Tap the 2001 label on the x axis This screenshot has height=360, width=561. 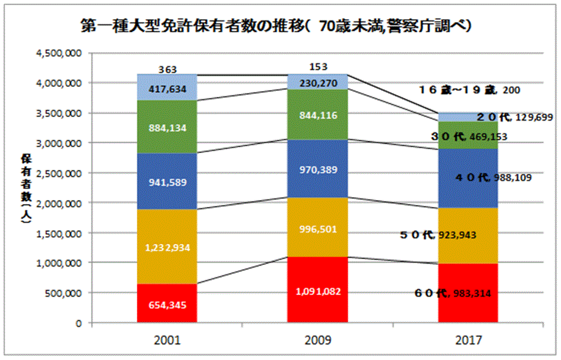167,340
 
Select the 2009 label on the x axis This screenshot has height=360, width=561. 317,340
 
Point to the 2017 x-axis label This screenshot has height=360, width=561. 467,340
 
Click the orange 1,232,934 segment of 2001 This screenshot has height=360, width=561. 167,246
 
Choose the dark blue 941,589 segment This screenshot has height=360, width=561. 167,181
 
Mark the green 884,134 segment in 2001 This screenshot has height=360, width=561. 167,127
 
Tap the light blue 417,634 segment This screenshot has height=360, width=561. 167,89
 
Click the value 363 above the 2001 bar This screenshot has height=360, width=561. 167,70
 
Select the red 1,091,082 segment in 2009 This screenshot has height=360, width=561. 317,290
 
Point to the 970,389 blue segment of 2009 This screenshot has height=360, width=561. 317,169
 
